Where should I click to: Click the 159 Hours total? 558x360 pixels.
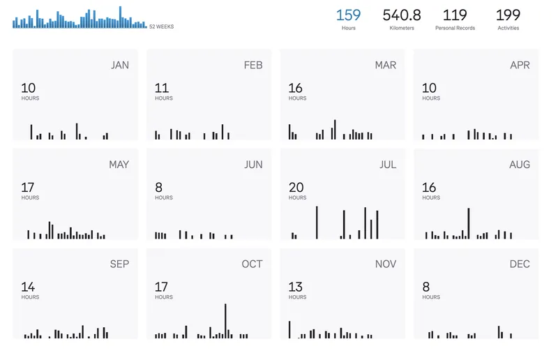(x=349, y=15)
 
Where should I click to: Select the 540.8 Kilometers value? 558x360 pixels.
(x=402, y=15)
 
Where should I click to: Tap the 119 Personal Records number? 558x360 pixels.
(x=455, y=15)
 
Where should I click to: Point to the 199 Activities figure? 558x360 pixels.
(x=508, y=15)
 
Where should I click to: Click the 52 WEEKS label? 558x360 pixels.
(x=162, y=27)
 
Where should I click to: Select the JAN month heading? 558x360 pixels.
(x=120, y=66)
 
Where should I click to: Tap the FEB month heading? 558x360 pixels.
(x=253, y=66)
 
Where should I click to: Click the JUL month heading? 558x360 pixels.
(x=388, y=165)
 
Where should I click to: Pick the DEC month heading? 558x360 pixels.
(x=520, y=264)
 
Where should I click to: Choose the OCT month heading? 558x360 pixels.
(x=252, y=264)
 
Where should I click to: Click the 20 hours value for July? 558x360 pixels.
(x=296, y=188)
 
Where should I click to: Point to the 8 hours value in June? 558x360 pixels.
(x=159, y=188)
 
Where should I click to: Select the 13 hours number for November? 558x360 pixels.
(x=296, y=287)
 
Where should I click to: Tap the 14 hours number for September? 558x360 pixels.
(x=29, y=287)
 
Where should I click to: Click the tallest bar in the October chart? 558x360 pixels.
(x=226, y=321)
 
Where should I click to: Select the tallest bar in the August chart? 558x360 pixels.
(x=468, y=223)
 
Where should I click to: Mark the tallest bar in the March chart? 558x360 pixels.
(x=335, y=130)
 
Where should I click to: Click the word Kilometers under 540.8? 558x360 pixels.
(x=402, y=29)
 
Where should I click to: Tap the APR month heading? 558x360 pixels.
(x=520, y=66)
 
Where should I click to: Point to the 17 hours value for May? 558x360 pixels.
(x=28, y=188)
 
